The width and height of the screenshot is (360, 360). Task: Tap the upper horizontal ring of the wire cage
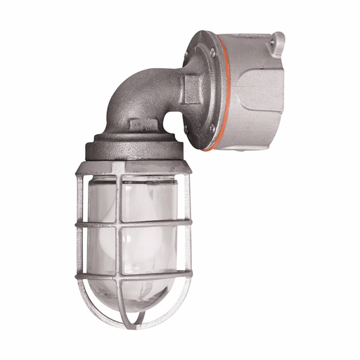134,224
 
